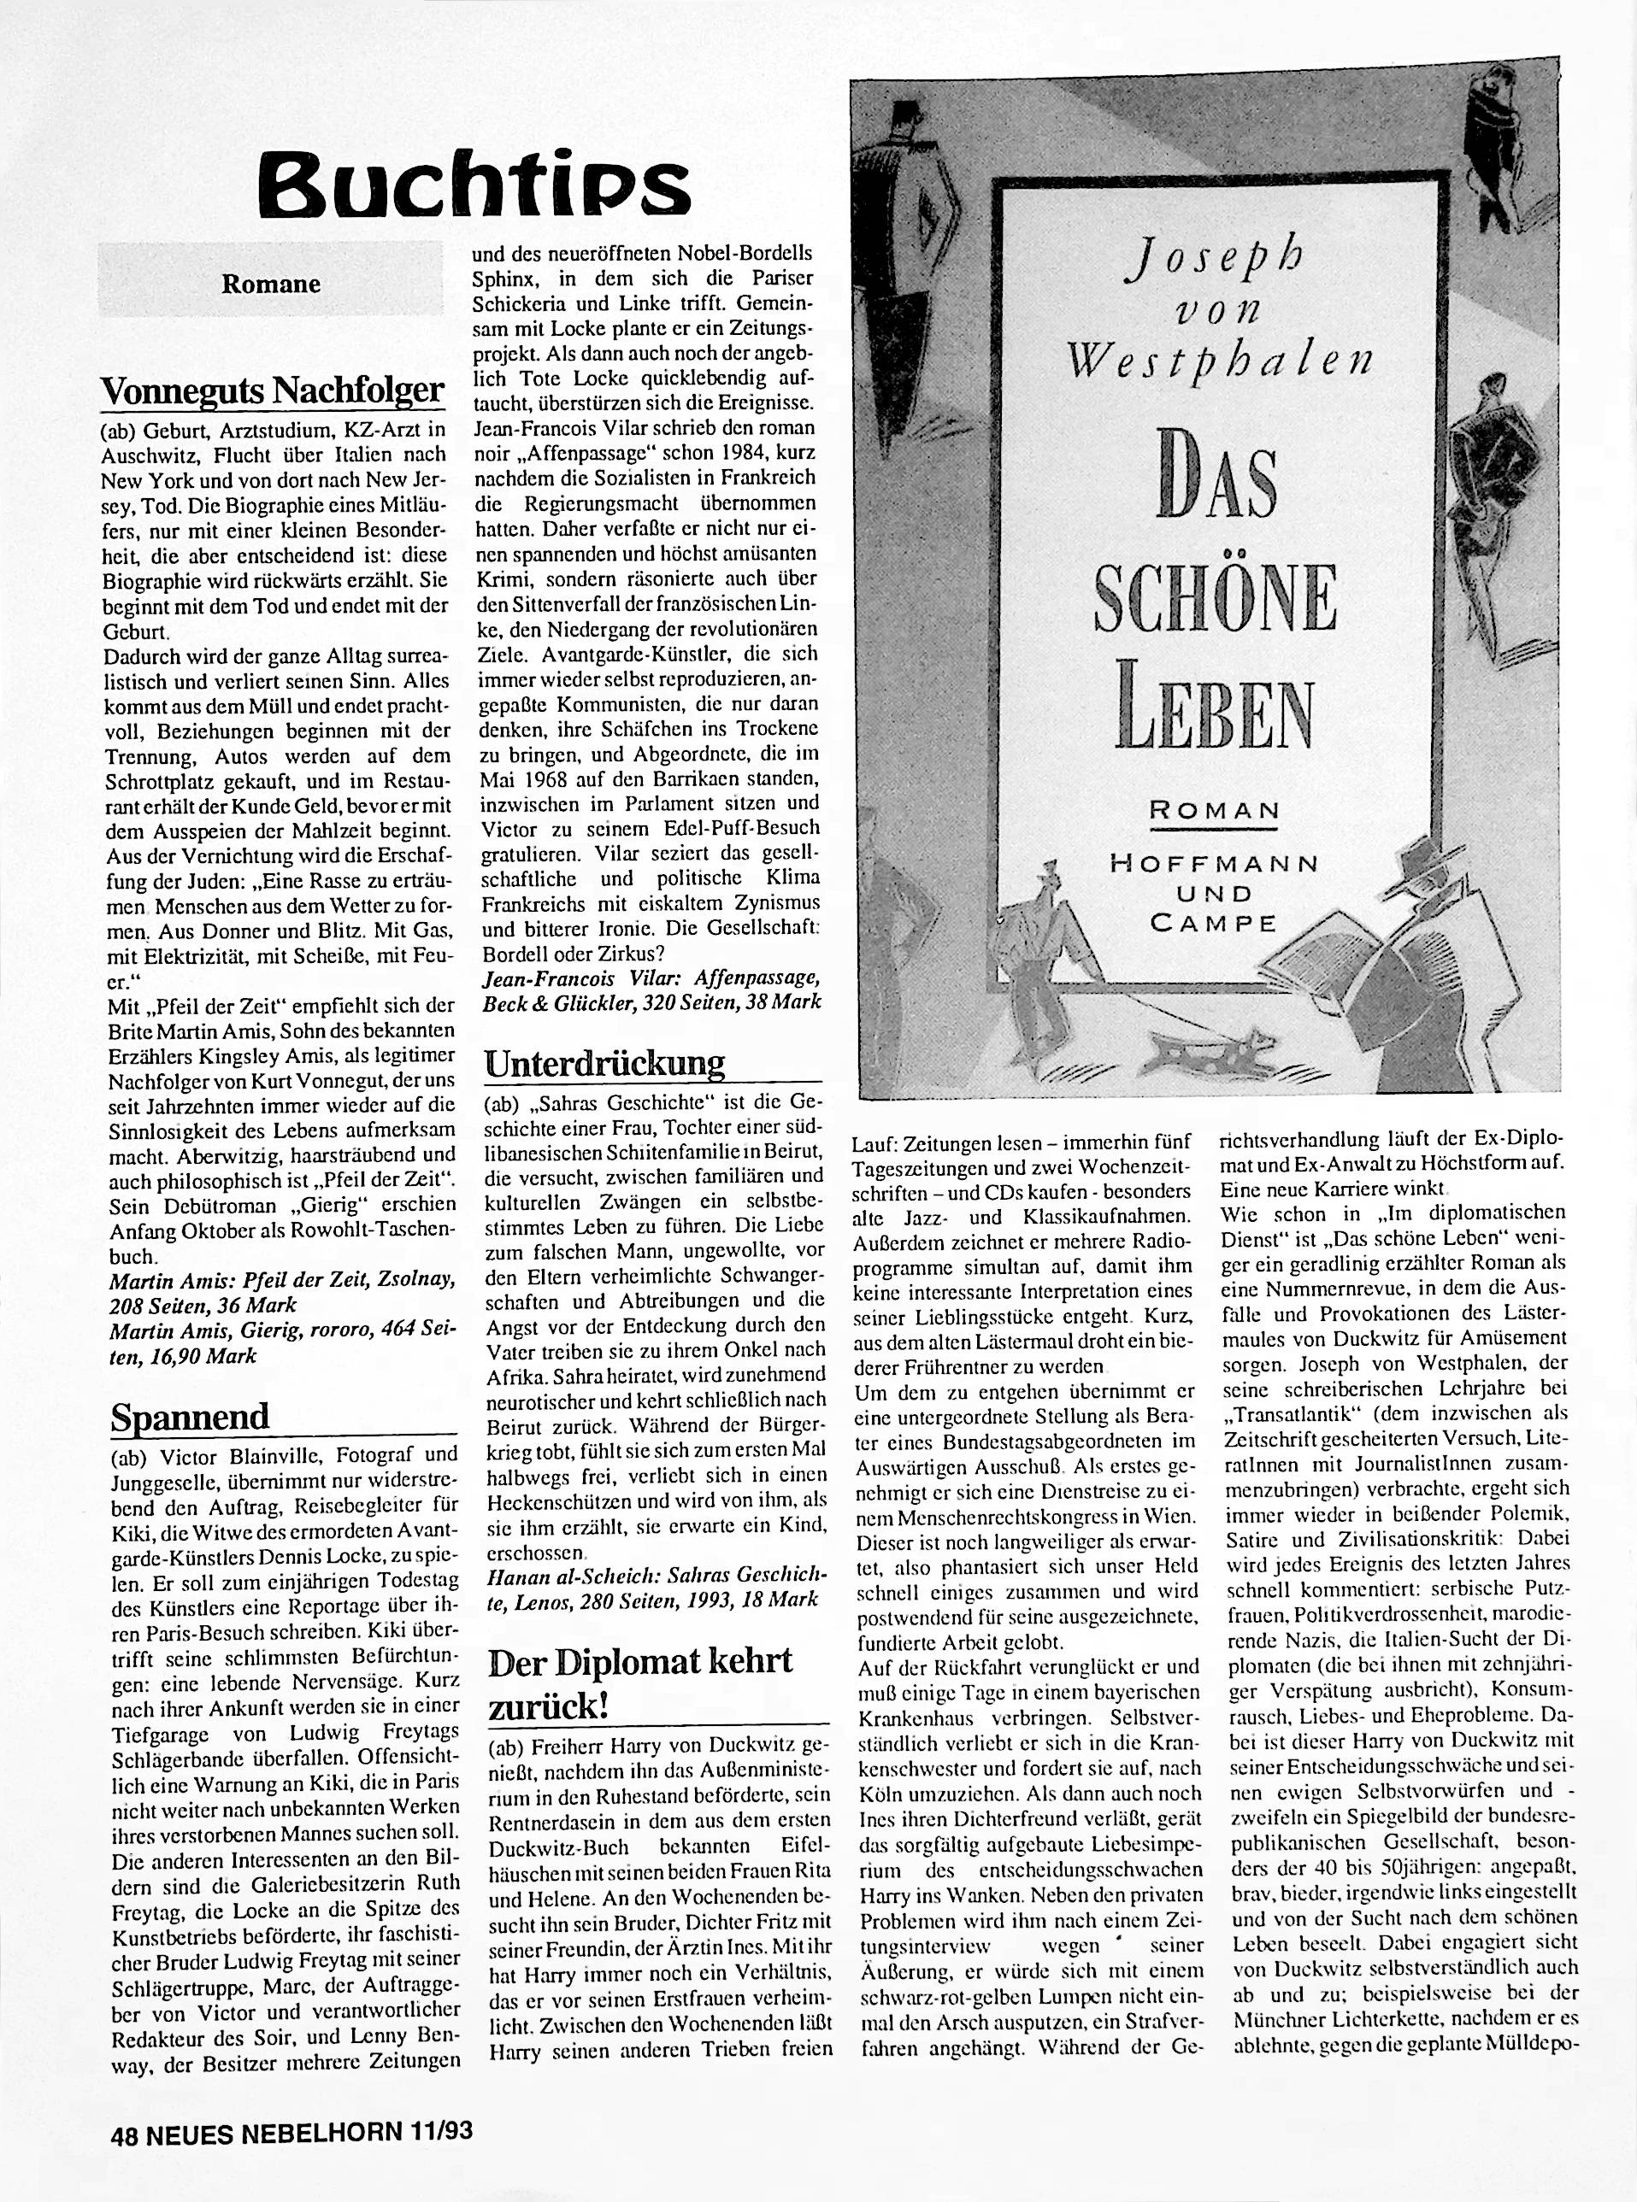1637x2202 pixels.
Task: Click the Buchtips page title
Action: click(x=473, y=185)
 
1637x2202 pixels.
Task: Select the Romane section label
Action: click(x=270, y=285)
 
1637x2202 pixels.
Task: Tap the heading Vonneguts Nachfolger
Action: click(x=272, y=391)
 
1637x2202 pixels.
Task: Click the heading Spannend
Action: click(x=188, y=1417)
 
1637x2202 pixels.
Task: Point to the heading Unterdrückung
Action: click(x=604, y=1063)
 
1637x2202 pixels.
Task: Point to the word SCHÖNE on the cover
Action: click(x=1216, y=596)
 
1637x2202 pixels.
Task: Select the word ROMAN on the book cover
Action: click(x=1215, y=810)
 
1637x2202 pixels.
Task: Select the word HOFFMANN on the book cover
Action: click(x=1215, y=864)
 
